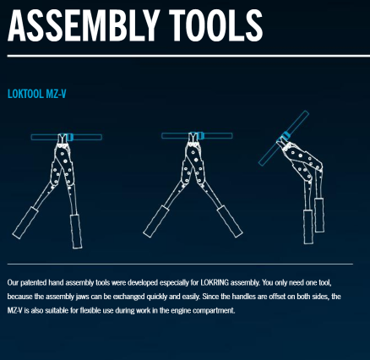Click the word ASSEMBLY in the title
[x=82, y=25]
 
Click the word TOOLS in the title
[x=217, y=25]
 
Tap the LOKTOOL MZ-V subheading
[x=37, y=94]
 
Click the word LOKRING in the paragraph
[x=215, y=282]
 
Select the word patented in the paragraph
[x=34, y=283]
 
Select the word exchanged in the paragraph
[x=129, y=297]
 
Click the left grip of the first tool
[x=25, y=223]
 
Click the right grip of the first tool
[x=76, y=232]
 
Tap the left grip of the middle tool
[x=155, y=221]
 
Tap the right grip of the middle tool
[x=230, y=221]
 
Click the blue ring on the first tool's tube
[x=70, y=137]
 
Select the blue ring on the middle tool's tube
[x=200, y=135]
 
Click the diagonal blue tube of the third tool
[x=284, y=139]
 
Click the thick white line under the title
[x=188, y=56]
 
